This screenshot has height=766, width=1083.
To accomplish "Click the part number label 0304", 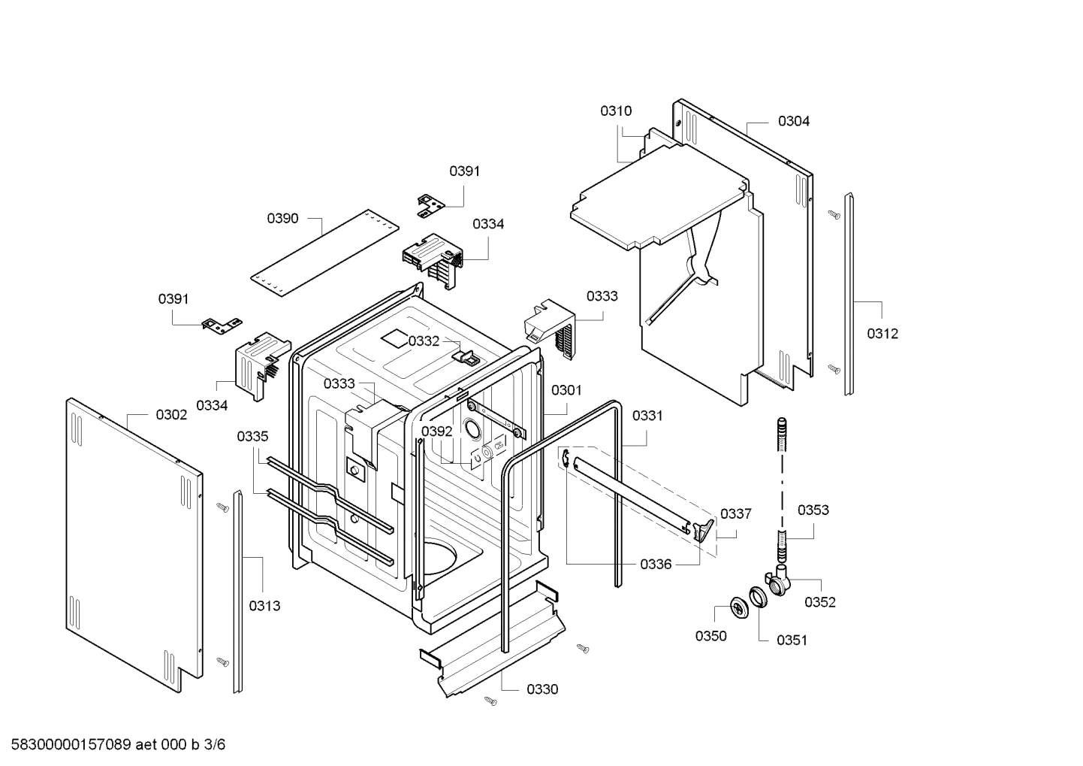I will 793,121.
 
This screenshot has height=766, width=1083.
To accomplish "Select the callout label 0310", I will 615,111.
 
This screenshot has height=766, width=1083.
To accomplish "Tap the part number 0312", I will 882,334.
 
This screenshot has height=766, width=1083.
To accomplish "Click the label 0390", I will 282,219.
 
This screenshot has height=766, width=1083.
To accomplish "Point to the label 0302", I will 171,415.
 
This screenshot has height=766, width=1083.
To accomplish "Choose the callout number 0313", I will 264,606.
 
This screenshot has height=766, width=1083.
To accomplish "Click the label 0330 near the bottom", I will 541,689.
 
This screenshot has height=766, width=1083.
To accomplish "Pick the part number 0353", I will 813,510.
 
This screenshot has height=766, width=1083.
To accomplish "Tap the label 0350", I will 710,636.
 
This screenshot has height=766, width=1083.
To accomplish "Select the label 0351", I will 792,640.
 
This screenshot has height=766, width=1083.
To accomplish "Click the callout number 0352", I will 819,602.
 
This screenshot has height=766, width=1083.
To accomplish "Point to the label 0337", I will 735,514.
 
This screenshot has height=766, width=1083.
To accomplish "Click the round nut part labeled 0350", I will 738,605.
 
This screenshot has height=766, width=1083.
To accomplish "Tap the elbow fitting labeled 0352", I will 777,582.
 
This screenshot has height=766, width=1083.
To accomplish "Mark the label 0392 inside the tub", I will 436,431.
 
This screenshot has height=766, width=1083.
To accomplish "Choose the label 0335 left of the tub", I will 252,437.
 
